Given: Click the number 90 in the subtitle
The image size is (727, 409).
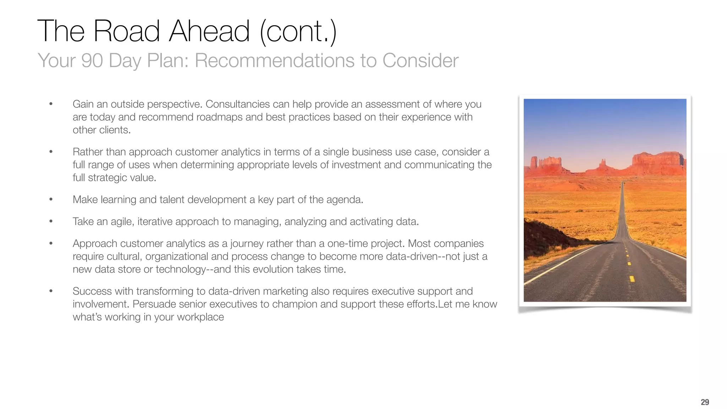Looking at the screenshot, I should pos(92,60).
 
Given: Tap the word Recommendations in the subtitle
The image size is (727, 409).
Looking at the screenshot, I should pos(274,60).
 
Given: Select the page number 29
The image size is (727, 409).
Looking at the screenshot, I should pos(705,402).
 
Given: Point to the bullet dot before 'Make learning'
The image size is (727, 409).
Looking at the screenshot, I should pos(51,200).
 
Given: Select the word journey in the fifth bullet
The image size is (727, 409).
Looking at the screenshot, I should pos(247,244).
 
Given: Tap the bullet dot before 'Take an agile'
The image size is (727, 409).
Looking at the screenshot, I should pos(51,222).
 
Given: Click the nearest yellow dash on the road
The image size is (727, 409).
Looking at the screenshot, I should pos(632,278).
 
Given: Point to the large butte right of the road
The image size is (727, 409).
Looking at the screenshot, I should pos(658,163).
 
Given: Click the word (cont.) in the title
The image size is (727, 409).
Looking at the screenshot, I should pos(298,31).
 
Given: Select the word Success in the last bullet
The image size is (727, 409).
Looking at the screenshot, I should pos(92,291).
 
